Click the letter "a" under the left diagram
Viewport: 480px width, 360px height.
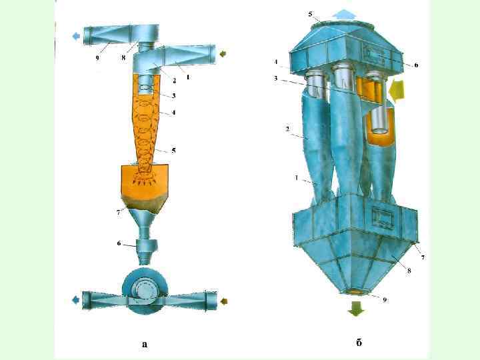pos(145,344)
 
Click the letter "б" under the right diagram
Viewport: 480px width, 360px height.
pos(359,342)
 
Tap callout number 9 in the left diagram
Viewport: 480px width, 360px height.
pos(97,57)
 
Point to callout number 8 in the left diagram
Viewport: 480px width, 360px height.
pos(123,57)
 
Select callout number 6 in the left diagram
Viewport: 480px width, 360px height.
pos(119,243)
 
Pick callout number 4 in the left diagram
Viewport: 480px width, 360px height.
pos(173,113)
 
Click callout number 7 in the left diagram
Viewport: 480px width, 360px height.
pos(119,213)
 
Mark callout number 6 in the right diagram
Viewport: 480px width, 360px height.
pos(416,65)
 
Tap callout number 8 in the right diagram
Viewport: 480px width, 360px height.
pos(409,271)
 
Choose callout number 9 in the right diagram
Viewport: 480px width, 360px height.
pos(385,300)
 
